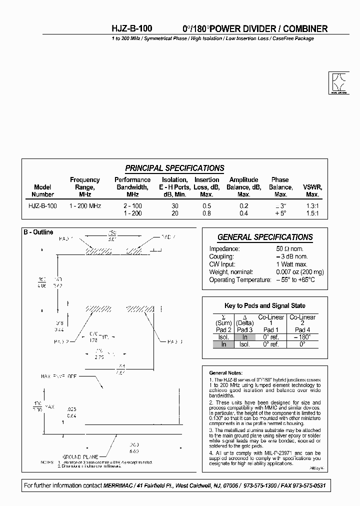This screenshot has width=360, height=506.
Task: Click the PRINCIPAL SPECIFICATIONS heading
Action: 174,168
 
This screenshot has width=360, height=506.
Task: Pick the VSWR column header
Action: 312,190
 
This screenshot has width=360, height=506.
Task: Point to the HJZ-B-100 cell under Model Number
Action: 42,206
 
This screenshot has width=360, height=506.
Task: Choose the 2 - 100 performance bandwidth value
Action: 132,206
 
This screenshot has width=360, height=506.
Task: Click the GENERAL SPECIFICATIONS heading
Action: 265,237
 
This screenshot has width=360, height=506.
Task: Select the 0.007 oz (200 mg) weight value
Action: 300,272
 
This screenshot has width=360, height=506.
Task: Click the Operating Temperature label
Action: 240,280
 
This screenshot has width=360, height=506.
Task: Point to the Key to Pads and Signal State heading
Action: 265,305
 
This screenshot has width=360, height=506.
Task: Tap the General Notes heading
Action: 226,372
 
